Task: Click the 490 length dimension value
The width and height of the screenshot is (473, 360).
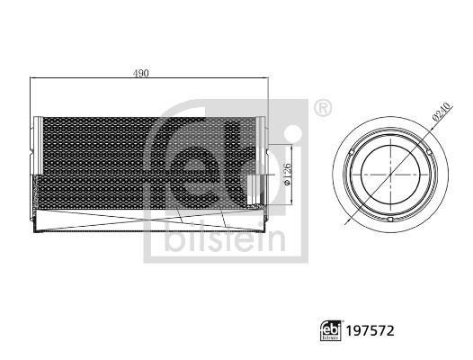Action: point(141,71)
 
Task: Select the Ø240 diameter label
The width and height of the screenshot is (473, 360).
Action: point(440,112)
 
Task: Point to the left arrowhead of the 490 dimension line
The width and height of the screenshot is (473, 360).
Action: point(33,78)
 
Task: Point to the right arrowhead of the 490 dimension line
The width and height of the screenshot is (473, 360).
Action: point(266,78)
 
